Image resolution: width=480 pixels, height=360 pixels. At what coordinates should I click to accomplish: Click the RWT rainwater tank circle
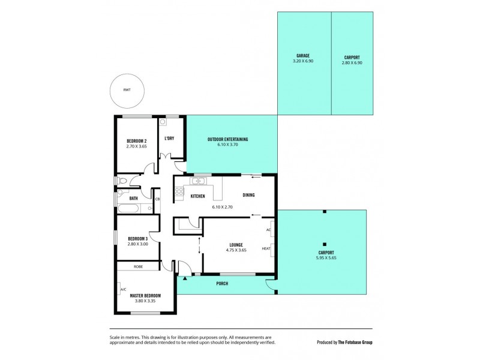coord(127,90)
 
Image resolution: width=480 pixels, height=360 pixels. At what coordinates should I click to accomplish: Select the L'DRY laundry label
coord(169,139)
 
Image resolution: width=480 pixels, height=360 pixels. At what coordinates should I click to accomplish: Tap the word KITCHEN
coord(198,196)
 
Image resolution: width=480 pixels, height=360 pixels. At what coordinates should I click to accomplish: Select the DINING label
coord(250,195)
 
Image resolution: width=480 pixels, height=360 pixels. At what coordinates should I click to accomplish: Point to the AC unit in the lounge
coord(269,230)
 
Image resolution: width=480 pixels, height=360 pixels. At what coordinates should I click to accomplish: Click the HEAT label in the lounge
coord(266,248)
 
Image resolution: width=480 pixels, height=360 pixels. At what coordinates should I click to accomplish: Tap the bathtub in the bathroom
coord(128,208)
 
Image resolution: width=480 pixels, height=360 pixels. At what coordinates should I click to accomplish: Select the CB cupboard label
coord(157,199)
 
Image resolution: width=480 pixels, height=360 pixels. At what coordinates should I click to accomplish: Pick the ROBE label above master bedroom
coord(137,266)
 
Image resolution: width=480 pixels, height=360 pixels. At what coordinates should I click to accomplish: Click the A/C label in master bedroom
coord(123,289)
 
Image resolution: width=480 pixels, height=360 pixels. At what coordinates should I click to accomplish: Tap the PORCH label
coord(223,284)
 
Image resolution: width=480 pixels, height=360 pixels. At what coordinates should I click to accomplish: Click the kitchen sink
coord(198,181)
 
